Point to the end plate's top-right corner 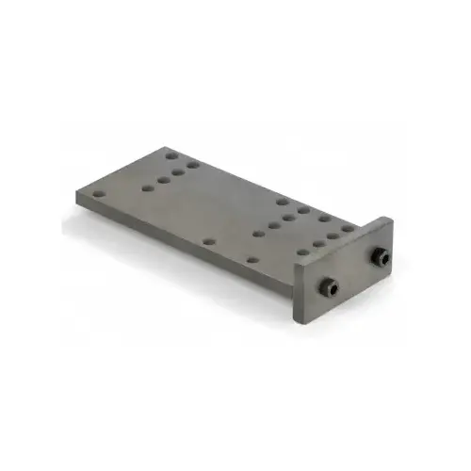coord(391,218)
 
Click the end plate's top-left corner coord(294,269)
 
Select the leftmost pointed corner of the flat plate coord(76,193)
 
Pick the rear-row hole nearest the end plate coord(348,227)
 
